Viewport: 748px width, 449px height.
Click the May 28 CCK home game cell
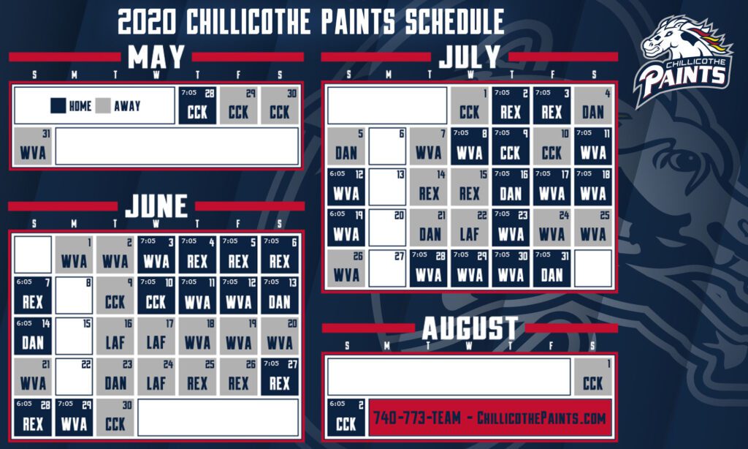coord(197,105)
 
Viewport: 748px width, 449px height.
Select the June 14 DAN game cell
coord(33,336)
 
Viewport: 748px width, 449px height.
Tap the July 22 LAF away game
coord(470,227)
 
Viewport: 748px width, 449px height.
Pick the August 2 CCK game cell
coord(346,418)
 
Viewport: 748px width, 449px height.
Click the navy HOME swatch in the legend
coord(58,105)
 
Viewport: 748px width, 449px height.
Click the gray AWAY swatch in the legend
coord(103,105)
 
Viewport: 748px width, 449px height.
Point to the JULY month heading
coord(470,57)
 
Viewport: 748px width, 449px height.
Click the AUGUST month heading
coord(470,328)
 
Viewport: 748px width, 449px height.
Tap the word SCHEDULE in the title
coord(454,21)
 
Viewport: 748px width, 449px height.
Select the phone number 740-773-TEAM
coord(417,418)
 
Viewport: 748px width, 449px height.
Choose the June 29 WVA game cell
coord(74,418)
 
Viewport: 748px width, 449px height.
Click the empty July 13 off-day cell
coord(387,186)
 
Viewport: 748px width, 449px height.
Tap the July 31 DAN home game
coord(552,268)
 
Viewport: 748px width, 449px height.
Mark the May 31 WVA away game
coord(33,146)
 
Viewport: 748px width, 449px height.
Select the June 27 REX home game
coord(280,377)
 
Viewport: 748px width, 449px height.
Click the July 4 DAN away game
coord(593,105)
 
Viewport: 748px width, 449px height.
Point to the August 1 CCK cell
coord(593,377)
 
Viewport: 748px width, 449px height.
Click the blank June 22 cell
coord(74,377)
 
